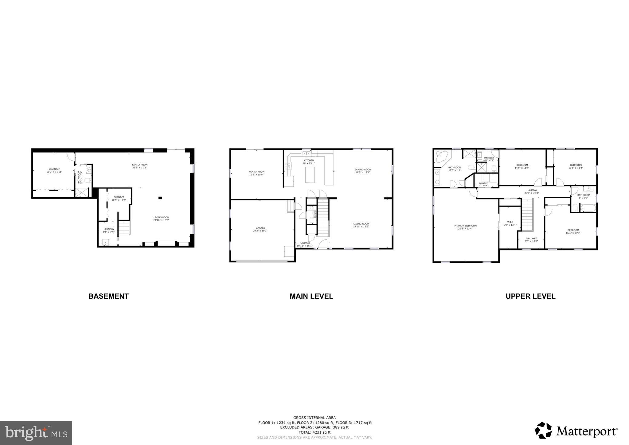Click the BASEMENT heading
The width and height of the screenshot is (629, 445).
[108, 296]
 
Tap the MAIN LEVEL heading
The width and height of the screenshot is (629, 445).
[311, 296]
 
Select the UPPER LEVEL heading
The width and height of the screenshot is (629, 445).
[530, 296]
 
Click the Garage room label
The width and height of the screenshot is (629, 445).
[260, 229]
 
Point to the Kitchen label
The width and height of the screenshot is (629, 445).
[309, 162]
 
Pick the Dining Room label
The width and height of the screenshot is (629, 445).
[363, 171]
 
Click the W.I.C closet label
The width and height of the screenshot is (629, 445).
[510, 223]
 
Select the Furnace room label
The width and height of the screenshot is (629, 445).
[119, 199]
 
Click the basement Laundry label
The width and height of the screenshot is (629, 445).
[109, 230]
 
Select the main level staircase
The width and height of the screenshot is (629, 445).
[323, 217]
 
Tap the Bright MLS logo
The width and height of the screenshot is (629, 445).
[36, 433]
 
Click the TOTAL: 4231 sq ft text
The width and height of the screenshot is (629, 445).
[314, 432]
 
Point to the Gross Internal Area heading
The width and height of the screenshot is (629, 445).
[314, 418]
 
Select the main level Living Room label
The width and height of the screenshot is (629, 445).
[361, 225]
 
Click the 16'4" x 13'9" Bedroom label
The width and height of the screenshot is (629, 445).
[573, 231]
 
